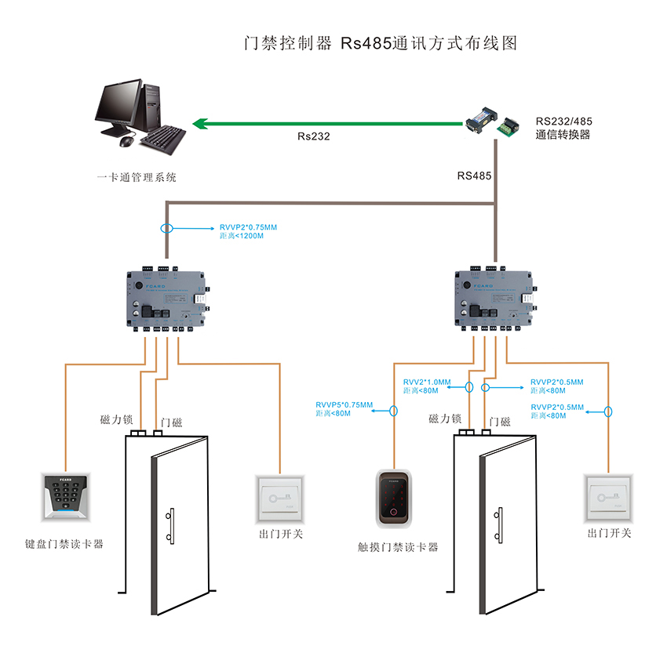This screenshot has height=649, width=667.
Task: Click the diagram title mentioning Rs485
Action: coord(381,42)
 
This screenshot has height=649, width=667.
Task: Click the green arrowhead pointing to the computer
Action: coord(201,122)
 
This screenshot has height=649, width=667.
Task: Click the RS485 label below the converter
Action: coord(474,176)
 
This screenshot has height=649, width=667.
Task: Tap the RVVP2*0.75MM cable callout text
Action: coord(248,227)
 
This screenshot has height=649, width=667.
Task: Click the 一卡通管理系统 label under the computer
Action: coord(137,177)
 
